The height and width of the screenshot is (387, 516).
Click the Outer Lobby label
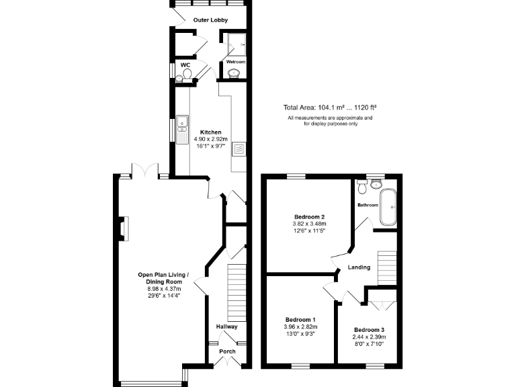point(210,20)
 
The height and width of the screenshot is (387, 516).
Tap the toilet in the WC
point(187,71)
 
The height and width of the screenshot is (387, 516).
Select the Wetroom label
point(235,62)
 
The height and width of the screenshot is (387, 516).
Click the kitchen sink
point(182,124)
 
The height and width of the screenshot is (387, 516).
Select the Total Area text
point(329,107)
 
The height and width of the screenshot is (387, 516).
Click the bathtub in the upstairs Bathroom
point(388,207)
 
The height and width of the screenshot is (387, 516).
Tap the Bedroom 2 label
point(309,217)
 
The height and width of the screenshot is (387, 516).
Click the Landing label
point(359,267)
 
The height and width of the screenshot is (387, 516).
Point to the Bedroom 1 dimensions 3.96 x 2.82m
point(300,327)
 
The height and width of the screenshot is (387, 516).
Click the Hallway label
point(226,327)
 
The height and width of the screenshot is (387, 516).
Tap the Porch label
point(226,351)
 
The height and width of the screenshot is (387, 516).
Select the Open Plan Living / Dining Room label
point(164,278)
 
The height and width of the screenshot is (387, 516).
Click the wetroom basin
point(235,75)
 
